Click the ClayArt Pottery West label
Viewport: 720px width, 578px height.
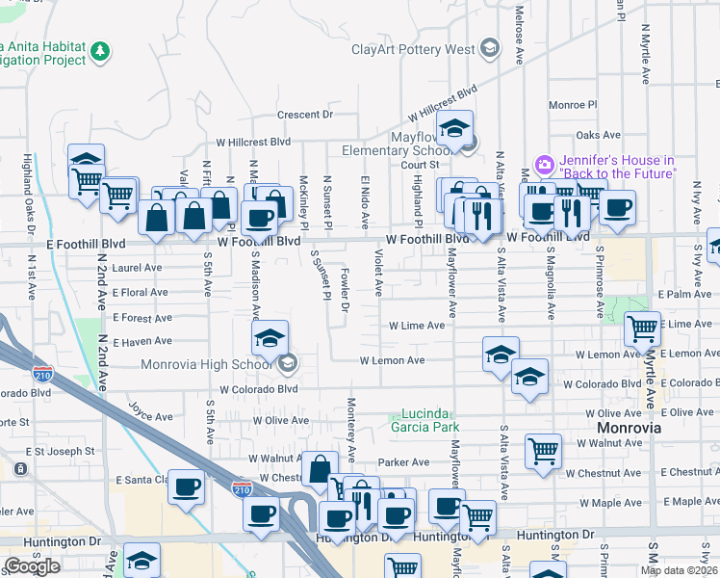pyautogui.click(x=413, y=49)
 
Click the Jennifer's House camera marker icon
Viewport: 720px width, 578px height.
pyautogui.click(x=545, y=166)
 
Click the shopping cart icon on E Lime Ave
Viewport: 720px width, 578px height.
pyautogui.click(x=642, y=329)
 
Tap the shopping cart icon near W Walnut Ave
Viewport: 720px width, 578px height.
pyautogui.click(x=543, y=451)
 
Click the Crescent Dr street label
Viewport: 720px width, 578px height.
pyautogui.click(x=304, y=115)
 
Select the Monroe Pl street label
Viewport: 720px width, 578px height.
pyautogui.click(x=573, y=104)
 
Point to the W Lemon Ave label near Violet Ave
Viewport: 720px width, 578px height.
pyautogui.click(x=392, y=361)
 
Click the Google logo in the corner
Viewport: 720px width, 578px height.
pyautogui.click(x=32, y=566)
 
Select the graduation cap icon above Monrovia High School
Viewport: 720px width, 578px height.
pyautogui.click(x=270, y=336)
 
